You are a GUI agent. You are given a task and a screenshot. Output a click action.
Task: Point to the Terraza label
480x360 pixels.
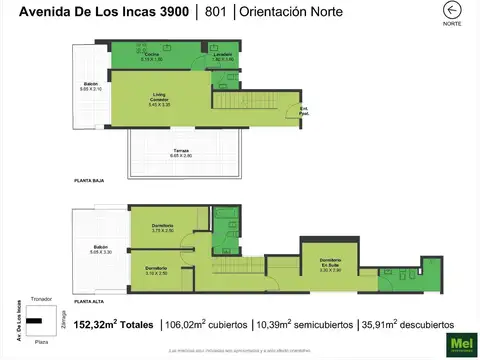[x=180, y=152]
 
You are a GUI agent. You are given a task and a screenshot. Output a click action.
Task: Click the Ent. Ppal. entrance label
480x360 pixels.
[x=304, y=110]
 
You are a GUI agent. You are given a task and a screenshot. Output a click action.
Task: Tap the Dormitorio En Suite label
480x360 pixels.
[x=330, y=264]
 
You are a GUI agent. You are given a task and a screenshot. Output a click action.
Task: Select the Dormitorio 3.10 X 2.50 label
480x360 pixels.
[x=155, y=270]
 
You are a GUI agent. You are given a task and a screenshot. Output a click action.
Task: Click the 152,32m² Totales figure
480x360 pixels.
[x=112, y=325]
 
